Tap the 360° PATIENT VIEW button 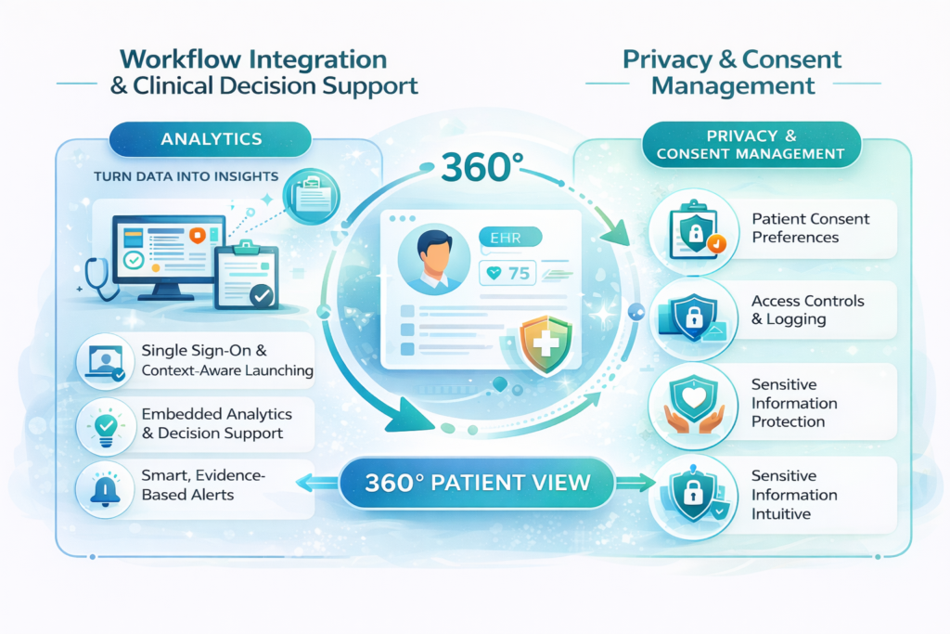pyautogui.click(x=477, y=483)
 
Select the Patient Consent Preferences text pyautogui.click(x=810, y=228)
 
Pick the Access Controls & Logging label pyautogui.click(x=807, y=310)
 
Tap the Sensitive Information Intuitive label pyautogui.click(x=794, y=495)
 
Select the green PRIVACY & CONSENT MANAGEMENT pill pyautogui.click(x=751, y=145)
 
